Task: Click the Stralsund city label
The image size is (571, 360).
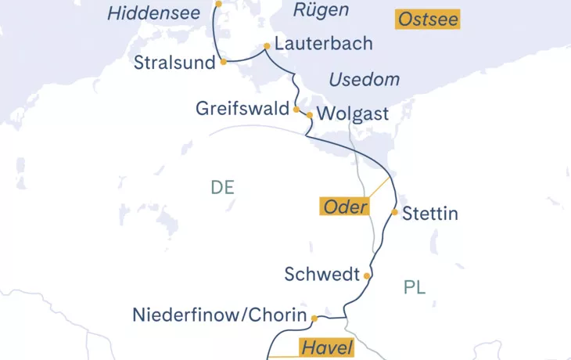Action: pyautogui.click(x=174, y=63)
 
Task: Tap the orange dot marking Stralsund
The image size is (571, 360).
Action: pyautogui.click(x=224, y=61)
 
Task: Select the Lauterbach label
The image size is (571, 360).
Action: pyautogui.click(x=323, y=44)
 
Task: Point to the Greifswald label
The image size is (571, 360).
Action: pyautogui.click(x=242, y=109)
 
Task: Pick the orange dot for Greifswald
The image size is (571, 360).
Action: pyautogui.click(x=296, y=110)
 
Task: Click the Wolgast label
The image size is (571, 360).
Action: pyautogui.click(x=354, y=114)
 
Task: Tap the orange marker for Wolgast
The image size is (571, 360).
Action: pyautogui.click(x=310, y=115)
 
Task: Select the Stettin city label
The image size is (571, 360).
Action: pyautogui.click(x=429, y=214)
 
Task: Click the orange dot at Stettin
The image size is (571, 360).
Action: pyautogui.click(x=395, y=212)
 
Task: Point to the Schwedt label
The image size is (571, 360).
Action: pyautogui.click(x=322, y=275)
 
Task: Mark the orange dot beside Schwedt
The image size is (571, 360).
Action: pyautogui.click(x=367, y=275)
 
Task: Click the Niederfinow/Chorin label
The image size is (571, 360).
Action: pyautogui.click(x=218, y=317)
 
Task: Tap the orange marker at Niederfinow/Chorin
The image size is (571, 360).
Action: pyautogui.click(x=314, y=318)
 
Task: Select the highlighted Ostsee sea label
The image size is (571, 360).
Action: pyautogui.click(x=427, y=20)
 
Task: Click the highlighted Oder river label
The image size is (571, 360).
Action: pyautogui.click(x=344, y=207)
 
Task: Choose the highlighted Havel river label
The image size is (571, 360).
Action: pyautogui.click(x=325, y=347)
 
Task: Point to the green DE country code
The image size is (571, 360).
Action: pyautogui.click(x=223, y=188)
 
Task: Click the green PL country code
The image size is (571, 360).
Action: pyautogui.click(x=415, y=287)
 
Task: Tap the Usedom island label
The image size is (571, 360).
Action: pyautogui.click(x=364, y=80)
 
